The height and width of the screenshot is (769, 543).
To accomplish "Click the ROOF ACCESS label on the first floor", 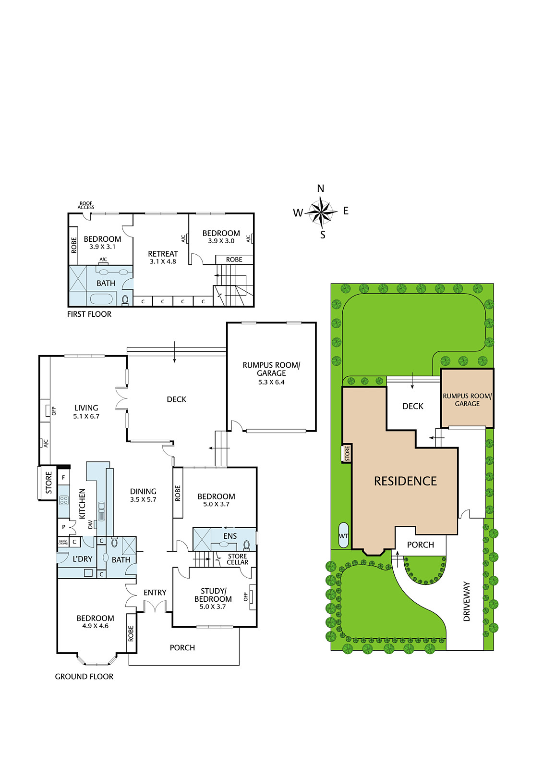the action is coord(86,205).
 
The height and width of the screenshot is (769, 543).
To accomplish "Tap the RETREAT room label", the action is coord(163,254).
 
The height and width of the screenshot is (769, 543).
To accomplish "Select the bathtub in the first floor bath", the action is coord(101,298).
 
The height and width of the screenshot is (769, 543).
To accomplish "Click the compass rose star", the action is coord(321,212).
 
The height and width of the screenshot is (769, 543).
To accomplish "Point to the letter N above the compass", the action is coord(321,188).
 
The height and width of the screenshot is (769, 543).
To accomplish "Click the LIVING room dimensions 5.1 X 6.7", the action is coord(86,416).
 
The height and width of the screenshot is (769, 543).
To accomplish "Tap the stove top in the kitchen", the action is coord(64,500).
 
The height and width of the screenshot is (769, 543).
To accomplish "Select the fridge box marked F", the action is coord(63,478).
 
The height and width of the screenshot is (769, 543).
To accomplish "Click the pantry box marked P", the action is coord(63,527).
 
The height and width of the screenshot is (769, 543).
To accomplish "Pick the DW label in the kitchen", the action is coord(90,524).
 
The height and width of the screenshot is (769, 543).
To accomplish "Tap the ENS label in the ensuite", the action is coord(230,536).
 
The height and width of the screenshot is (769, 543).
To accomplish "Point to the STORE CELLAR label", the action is coord(237,559).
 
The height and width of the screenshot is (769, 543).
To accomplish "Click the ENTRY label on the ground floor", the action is coord(155,593).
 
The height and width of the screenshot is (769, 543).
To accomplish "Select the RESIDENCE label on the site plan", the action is coord(405,481).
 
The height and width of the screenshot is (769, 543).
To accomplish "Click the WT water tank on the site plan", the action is coord(343,535).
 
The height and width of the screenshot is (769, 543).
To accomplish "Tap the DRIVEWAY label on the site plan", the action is coord(467,601).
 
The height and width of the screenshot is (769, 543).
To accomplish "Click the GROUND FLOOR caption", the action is coord(84,677).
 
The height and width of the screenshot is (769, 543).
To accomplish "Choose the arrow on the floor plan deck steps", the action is coord(174,352).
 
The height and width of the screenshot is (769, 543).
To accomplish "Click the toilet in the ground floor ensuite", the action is coord(246,545).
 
